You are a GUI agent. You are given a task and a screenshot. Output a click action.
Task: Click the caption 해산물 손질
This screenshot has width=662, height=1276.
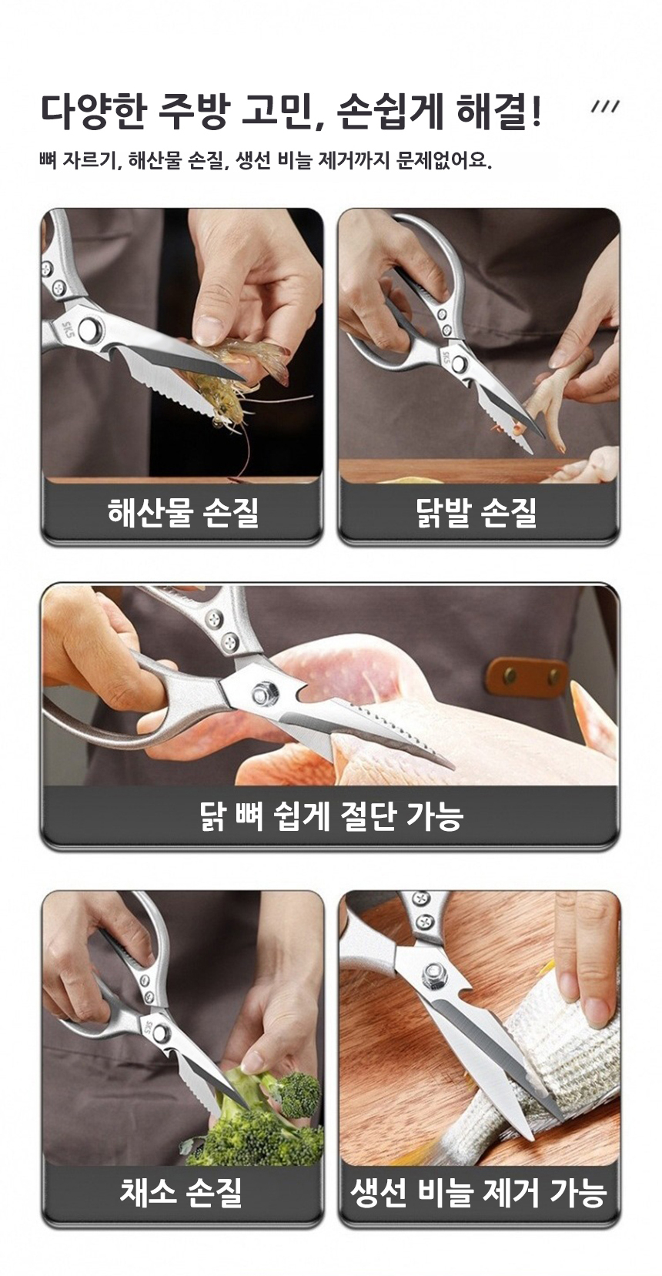(x=182, y=511)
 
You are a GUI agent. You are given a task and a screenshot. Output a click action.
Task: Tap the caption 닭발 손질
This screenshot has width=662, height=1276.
(x=477, y=511)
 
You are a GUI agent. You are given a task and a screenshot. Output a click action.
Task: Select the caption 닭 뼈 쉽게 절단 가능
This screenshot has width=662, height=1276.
(x=331, y=816)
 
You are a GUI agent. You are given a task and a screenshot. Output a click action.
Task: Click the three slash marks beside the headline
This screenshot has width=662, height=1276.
(x=605, y=106)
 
